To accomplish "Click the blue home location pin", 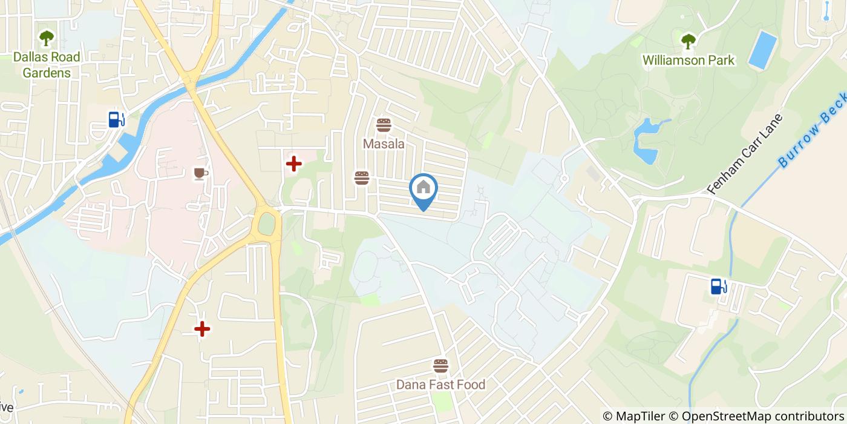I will point(423,189).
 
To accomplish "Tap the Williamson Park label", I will point(688,60).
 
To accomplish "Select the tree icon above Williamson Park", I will point(688,41).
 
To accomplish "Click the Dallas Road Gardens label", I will point(47,65).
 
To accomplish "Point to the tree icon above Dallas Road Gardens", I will point(47,38).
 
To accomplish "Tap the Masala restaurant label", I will point(384,144).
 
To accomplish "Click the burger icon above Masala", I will point(384,125).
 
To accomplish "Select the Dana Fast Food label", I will point(440,385).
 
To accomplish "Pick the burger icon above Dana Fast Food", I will point(440,365).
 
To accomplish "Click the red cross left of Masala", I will point(293,164).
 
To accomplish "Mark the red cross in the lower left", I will point(202,329).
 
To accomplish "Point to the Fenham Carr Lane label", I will point(745,154).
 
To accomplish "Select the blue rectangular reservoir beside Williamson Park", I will point(762,50).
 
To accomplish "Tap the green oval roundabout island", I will point(266,224).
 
